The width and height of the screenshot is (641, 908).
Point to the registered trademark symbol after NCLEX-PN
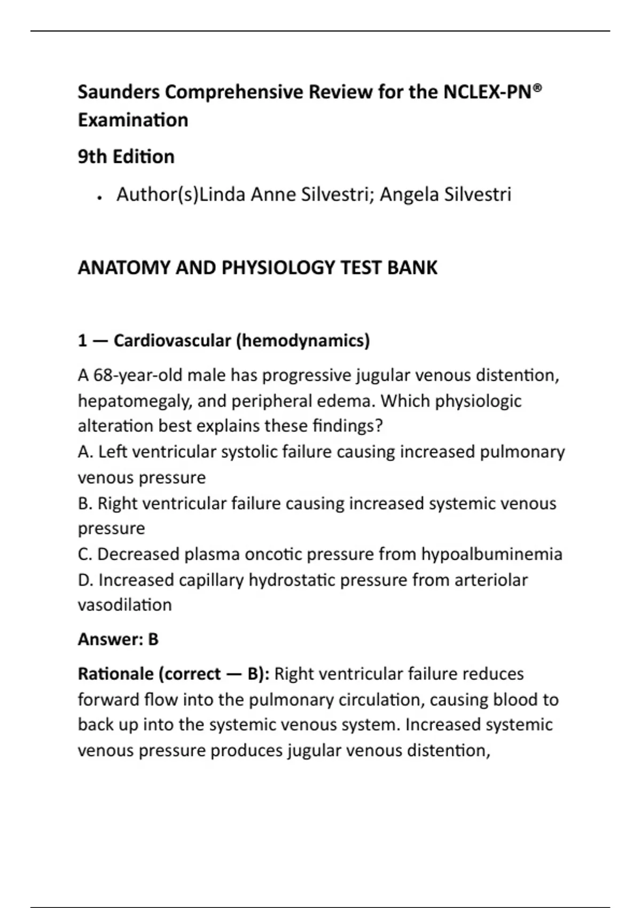click(537, 88)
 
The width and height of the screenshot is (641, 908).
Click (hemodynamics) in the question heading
click(303, 340)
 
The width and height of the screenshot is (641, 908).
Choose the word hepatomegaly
click(133, 401)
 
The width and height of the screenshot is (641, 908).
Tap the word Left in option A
click(113, 452)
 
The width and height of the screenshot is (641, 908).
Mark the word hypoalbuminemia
click(491, 554)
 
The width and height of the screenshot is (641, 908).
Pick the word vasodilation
click(124, 605)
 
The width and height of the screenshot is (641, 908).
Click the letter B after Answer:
click(153, 639)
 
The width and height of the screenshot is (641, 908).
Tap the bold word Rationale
click(115, 674)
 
